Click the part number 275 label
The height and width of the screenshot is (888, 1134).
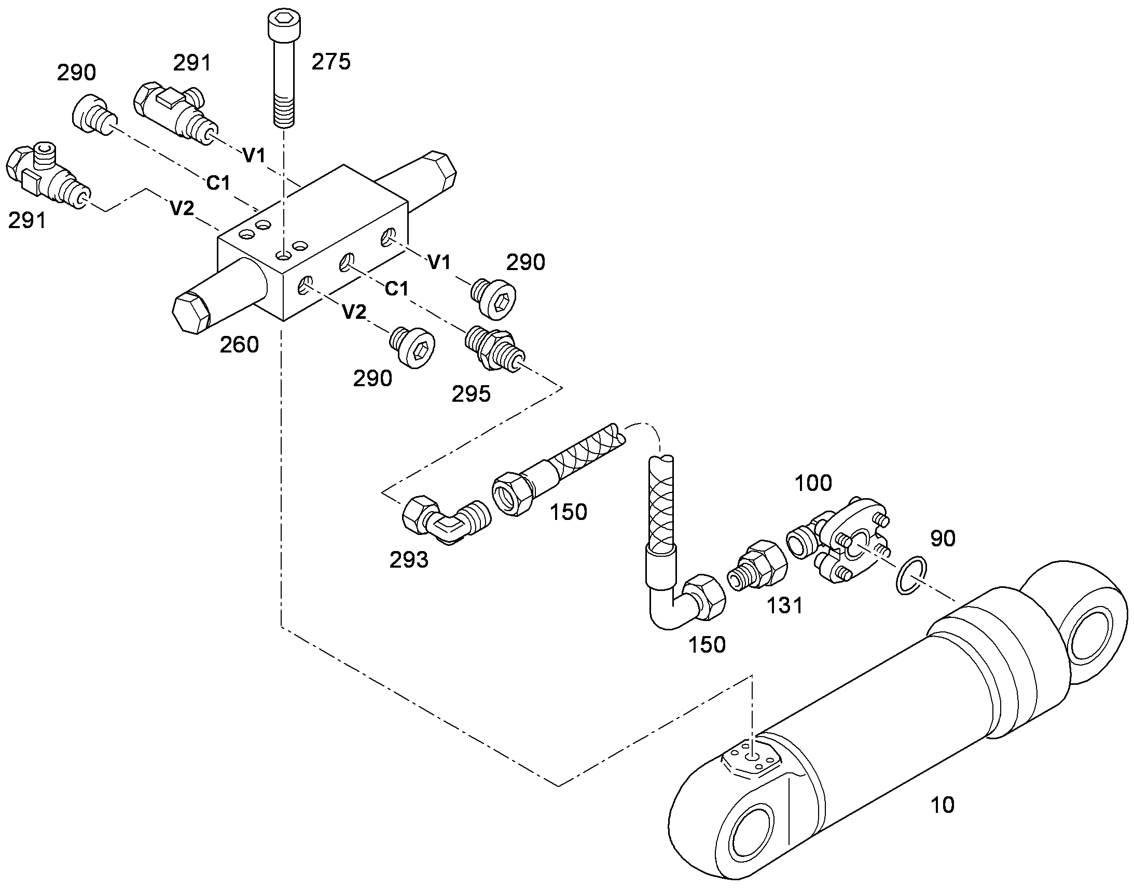pos(331,62)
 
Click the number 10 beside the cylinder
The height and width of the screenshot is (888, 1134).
pos(942,805)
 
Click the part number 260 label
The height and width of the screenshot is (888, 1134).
pos(239,345)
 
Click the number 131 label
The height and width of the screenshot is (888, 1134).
pos(785,605)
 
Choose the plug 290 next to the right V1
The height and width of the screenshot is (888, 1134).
pos(494,297)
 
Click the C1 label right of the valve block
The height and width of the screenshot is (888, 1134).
pos(396,288)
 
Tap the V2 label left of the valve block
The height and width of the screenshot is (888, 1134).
pos(182,208)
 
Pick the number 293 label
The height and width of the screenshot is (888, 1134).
pos(409,560)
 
